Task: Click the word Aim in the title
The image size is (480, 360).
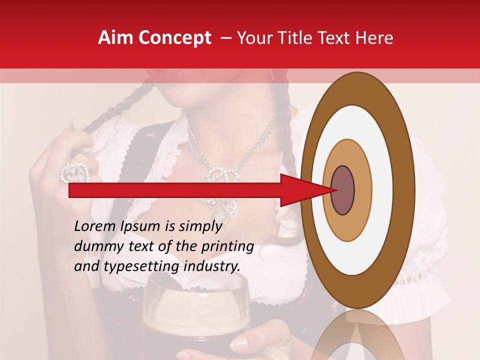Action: click(x=115, y=38)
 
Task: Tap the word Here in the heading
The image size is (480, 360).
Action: click(x=374, y=38)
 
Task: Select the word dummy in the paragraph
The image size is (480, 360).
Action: click(x=94, y=246)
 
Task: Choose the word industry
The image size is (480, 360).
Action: click(x=212, y=266)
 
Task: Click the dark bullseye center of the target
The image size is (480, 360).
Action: click(x=342, y=190)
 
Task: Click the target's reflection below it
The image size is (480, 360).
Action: click(x=357, y=337)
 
